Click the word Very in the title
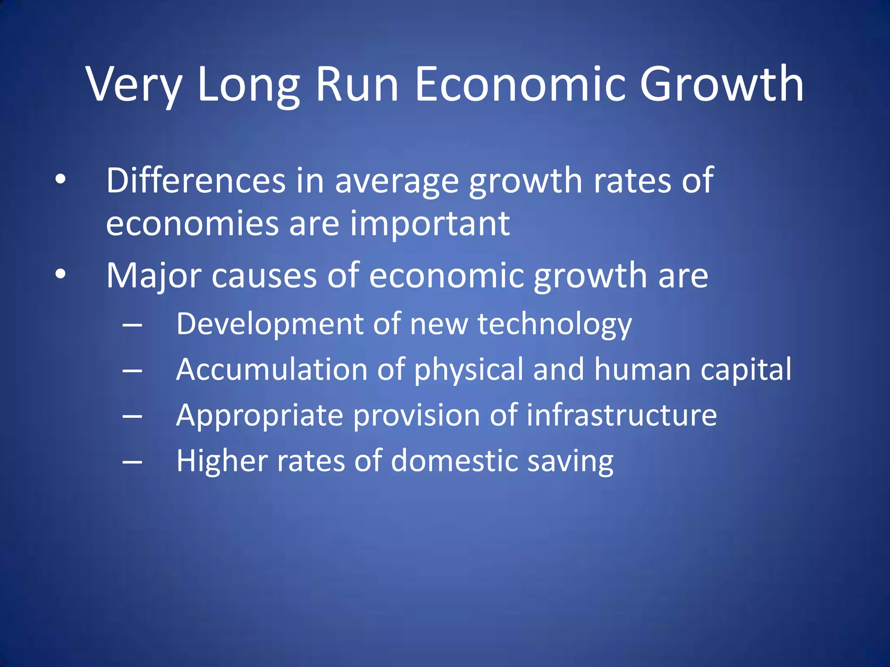tap(134, 85)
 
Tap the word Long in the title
tap(248, 85)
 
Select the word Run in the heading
tap(357, 85)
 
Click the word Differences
tap(196, 180)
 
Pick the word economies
tap(192, 225)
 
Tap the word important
tap(430, 225)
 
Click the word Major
tap(154, 276)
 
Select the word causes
tap(264, 277)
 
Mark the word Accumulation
tap(272, 370)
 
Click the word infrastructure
tap(621, 416)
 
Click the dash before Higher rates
tap(132, 462)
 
